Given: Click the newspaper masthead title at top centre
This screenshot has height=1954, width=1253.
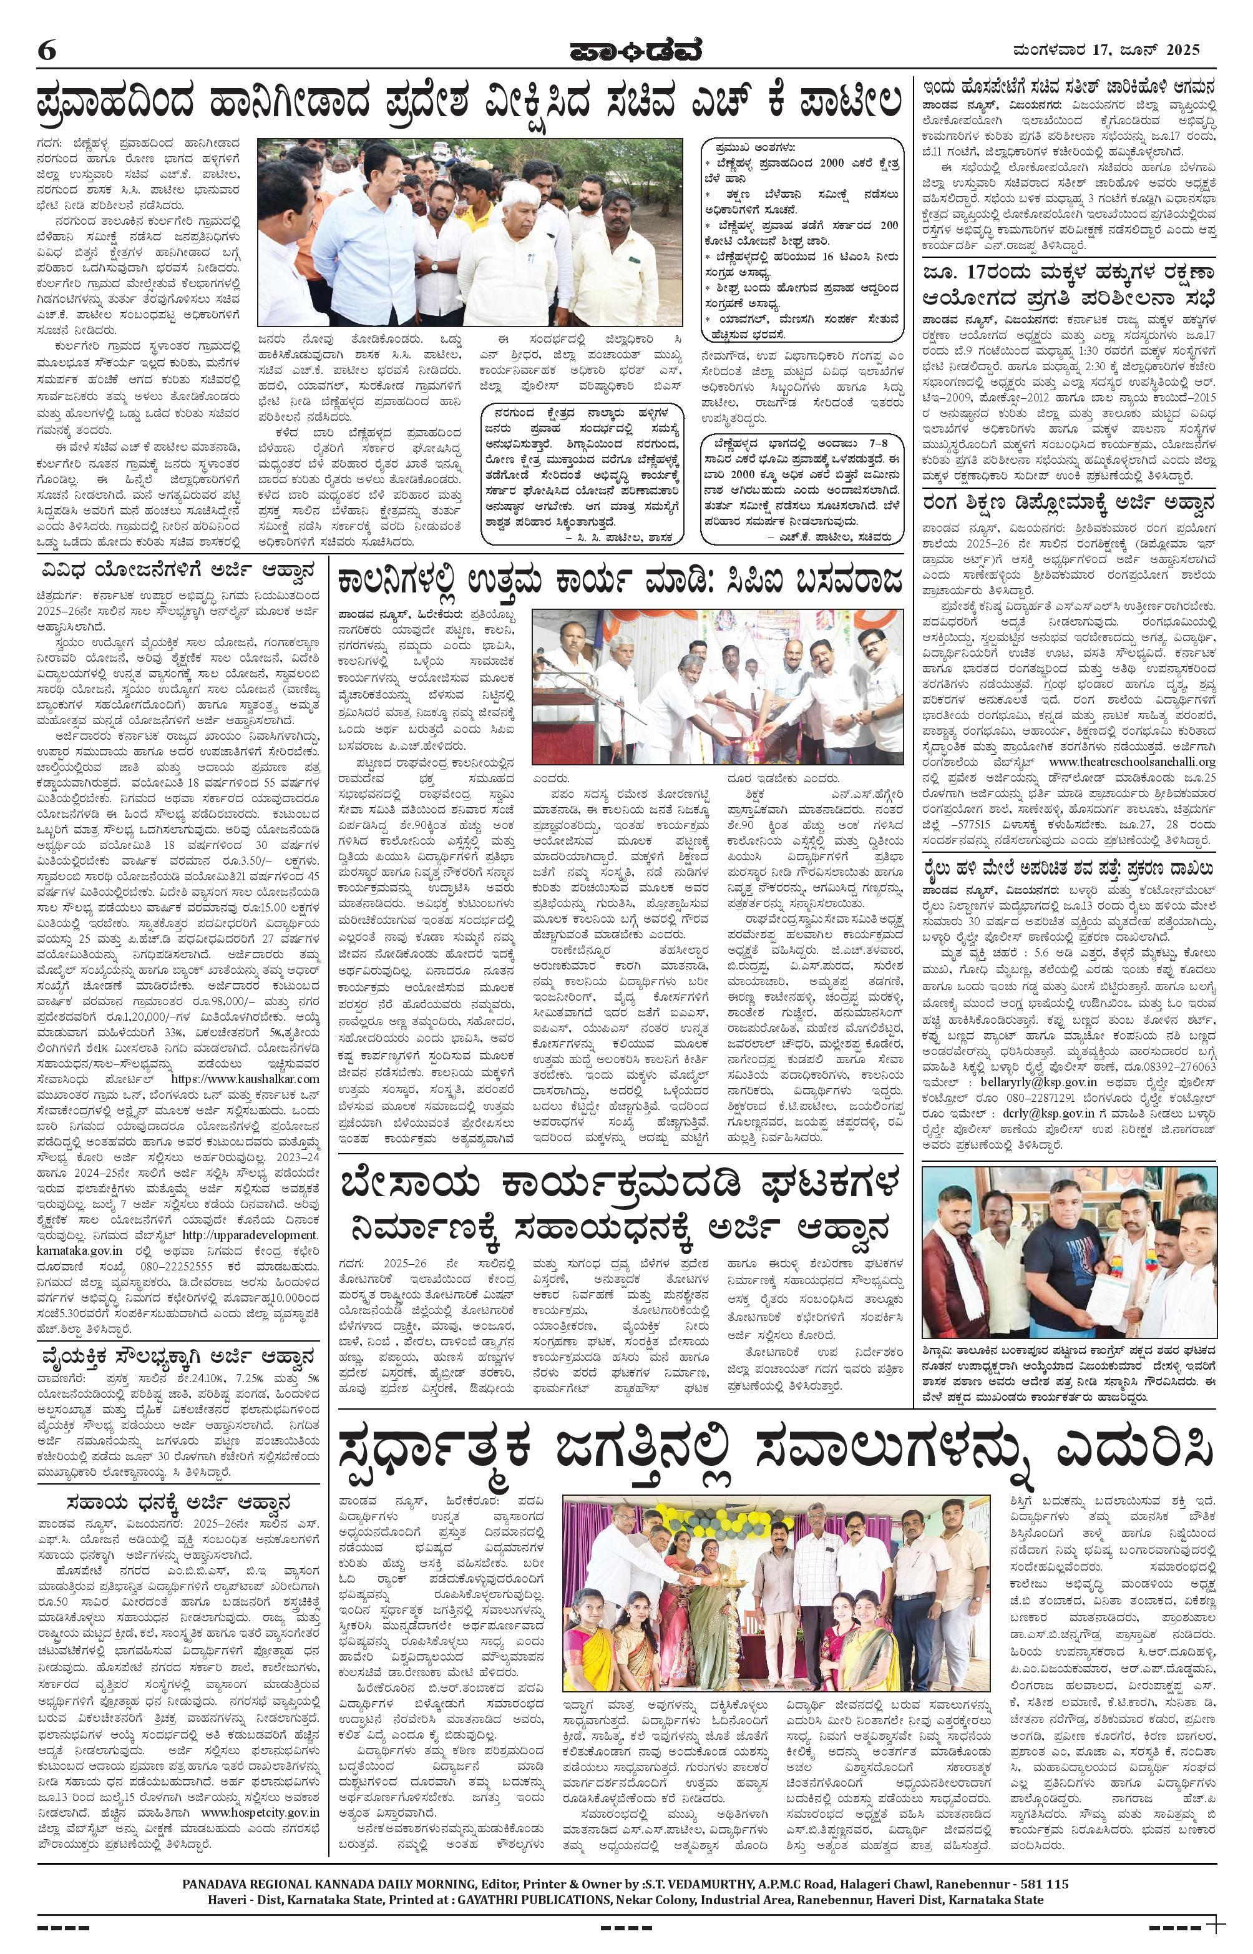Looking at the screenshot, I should point(626,51).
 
